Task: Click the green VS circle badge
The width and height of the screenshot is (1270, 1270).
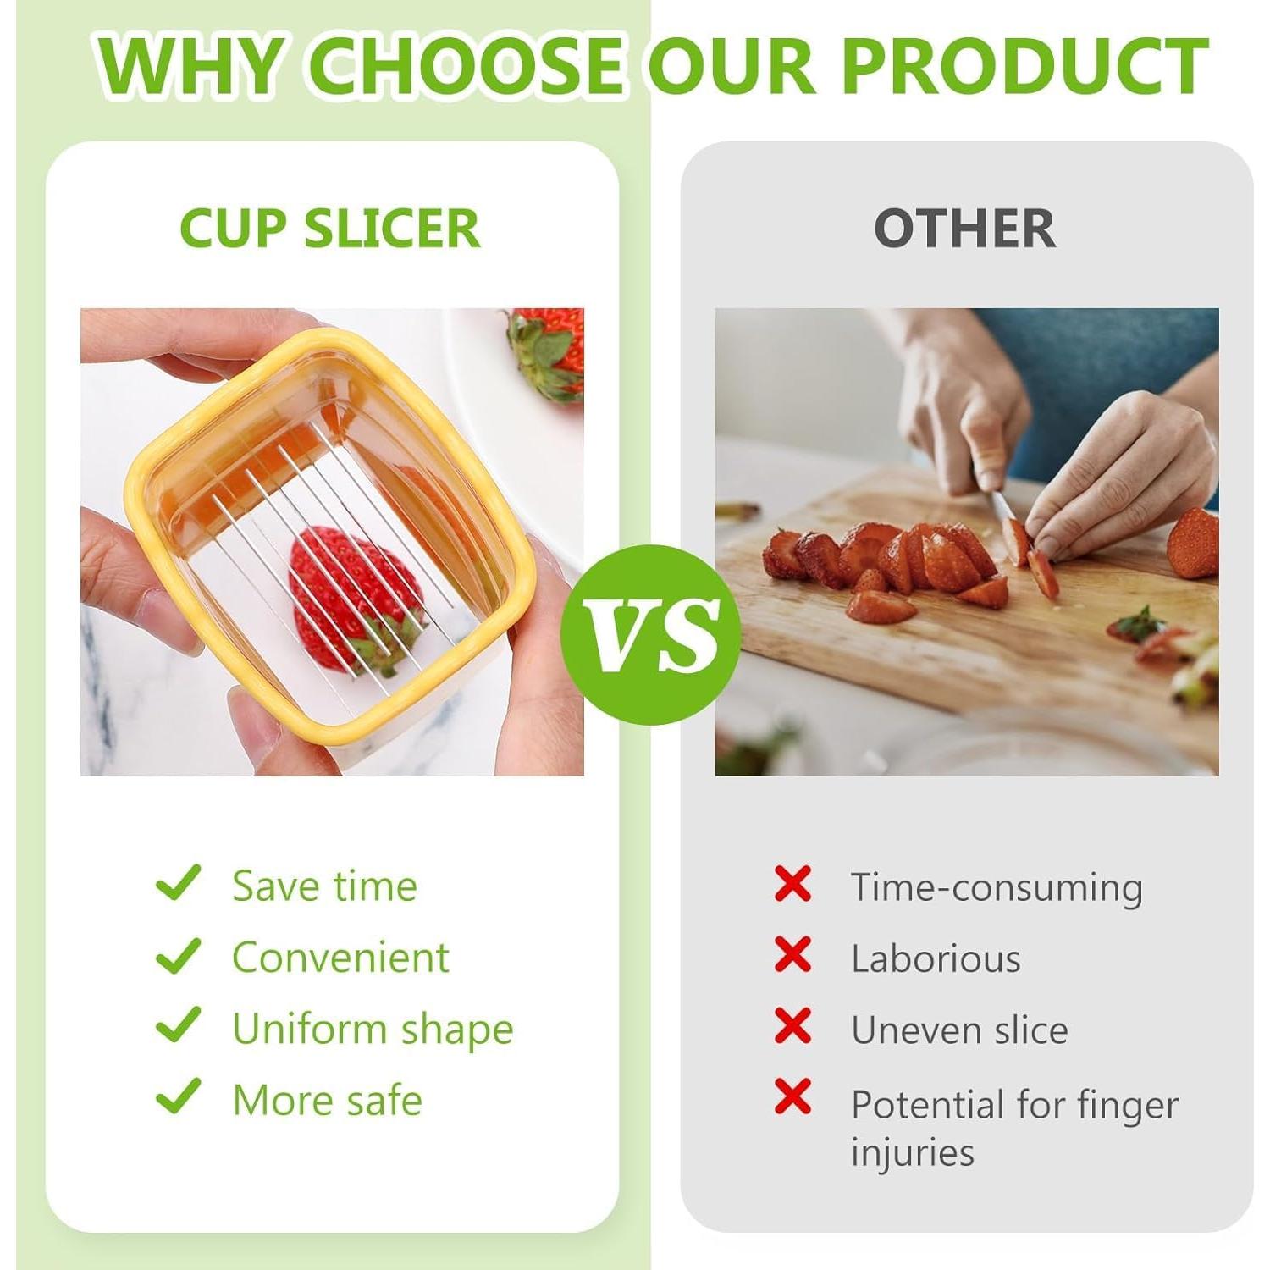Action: click(x=650, y=635)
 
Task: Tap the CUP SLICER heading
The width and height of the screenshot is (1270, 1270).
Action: click(x=330, y=228)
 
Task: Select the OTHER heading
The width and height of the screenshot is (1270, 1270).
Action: click(x=965, y=228)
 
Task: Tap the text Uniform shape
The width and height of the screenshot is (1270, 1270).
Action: click(x=373, y=1030)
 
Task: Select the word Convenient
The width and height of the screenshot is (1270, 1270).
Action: click(x=340, y=958)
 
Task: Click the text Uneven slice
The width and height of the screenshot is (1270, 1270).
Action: click(x=959, y=1030)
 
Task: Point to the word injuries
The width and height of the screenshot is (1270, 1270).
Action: click(x=913, y=1152)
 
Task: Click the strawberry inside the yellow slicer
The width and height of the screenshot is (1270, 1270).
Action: click(x=356, y=599)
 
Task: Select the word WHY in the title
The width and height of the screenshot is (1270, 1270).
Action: click(x=189, y=66)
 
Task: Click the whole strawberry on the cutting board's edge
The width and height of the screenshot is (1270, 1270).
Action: click(x=1193, y=543)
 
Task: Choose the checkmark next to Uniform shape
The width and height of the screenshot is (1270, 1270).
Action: click(x=179, y=1024)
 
